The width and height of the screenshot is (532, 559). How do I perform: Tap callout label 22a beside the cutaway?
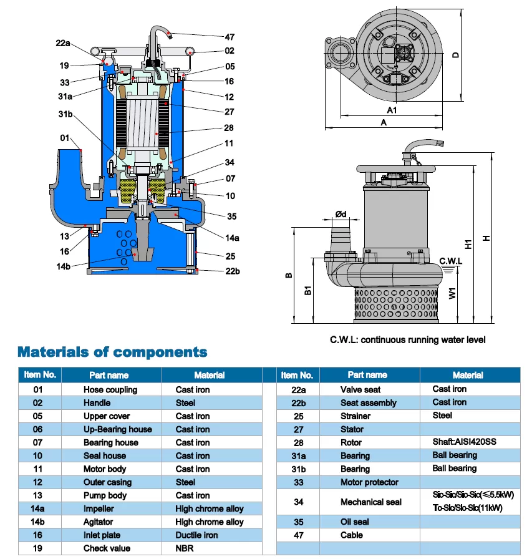click(x=63, y=43)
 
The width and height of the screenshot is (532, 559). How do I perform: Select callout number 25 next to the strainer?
click(x=230, y=256)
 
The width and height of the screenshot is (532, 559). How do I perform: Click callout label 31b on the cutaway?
click(x=65, y=114)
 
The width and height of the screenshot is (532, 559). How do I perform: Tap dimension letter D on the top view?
click(x=456, y=55)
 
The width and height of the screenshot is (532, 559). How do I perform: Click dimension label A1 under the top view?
click(x=392, y=110)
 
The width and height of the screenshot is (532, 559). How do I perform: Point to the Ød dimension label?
click(x=341, y=215)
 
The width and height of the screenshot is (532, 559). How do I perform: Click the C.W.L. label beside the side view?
click(x=450, y=261)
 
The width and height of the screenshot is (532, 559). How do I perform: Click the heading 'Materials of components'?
click(x=112, y=352)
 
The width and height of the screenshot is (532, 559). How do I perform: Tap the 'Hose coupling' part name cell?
click(x=110, y=390)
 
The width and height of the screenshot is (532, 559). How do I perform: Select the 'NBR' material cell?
click(x=185, y=548)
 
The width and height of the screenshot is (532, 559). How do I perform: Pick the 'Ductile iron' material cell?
click(x=196, y=535)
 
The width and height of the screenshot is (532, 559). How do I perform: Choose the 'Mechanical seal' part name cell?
click(x=370, y=502)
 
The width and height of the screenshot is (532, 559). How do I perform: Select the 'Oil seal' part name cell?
click(x=355, y=522)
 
